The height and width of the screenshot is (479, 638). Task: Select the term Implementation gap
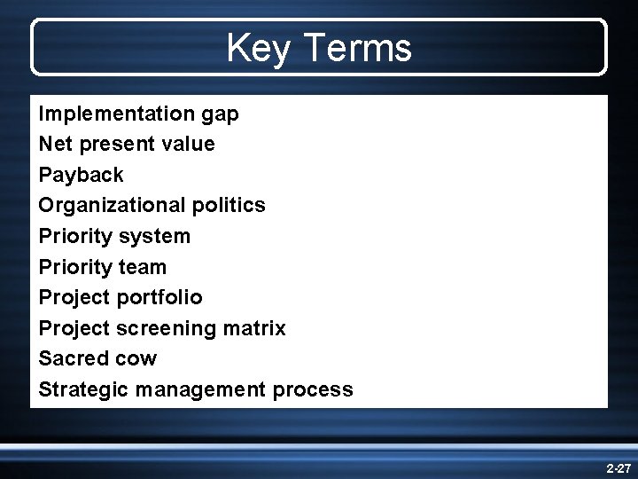click(138, 114)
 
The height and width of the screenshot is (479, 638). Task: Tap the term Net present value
click(127, 144)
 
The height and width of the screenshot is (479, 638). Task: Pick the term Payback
click(81, 175)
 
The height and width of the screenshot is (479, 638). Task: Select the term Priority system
click(114, 236)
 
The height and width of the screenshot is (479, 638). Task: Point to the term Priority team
click(102, 267)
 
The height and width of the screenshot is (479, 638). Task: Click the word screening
click(168, 328)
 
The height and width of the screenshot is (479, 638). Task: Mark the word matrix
click(255, 328)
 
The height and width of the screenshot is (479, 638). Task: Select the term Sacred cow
click(97, 358)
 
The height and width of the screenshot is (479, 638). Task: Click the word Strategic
click(81, 389)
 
